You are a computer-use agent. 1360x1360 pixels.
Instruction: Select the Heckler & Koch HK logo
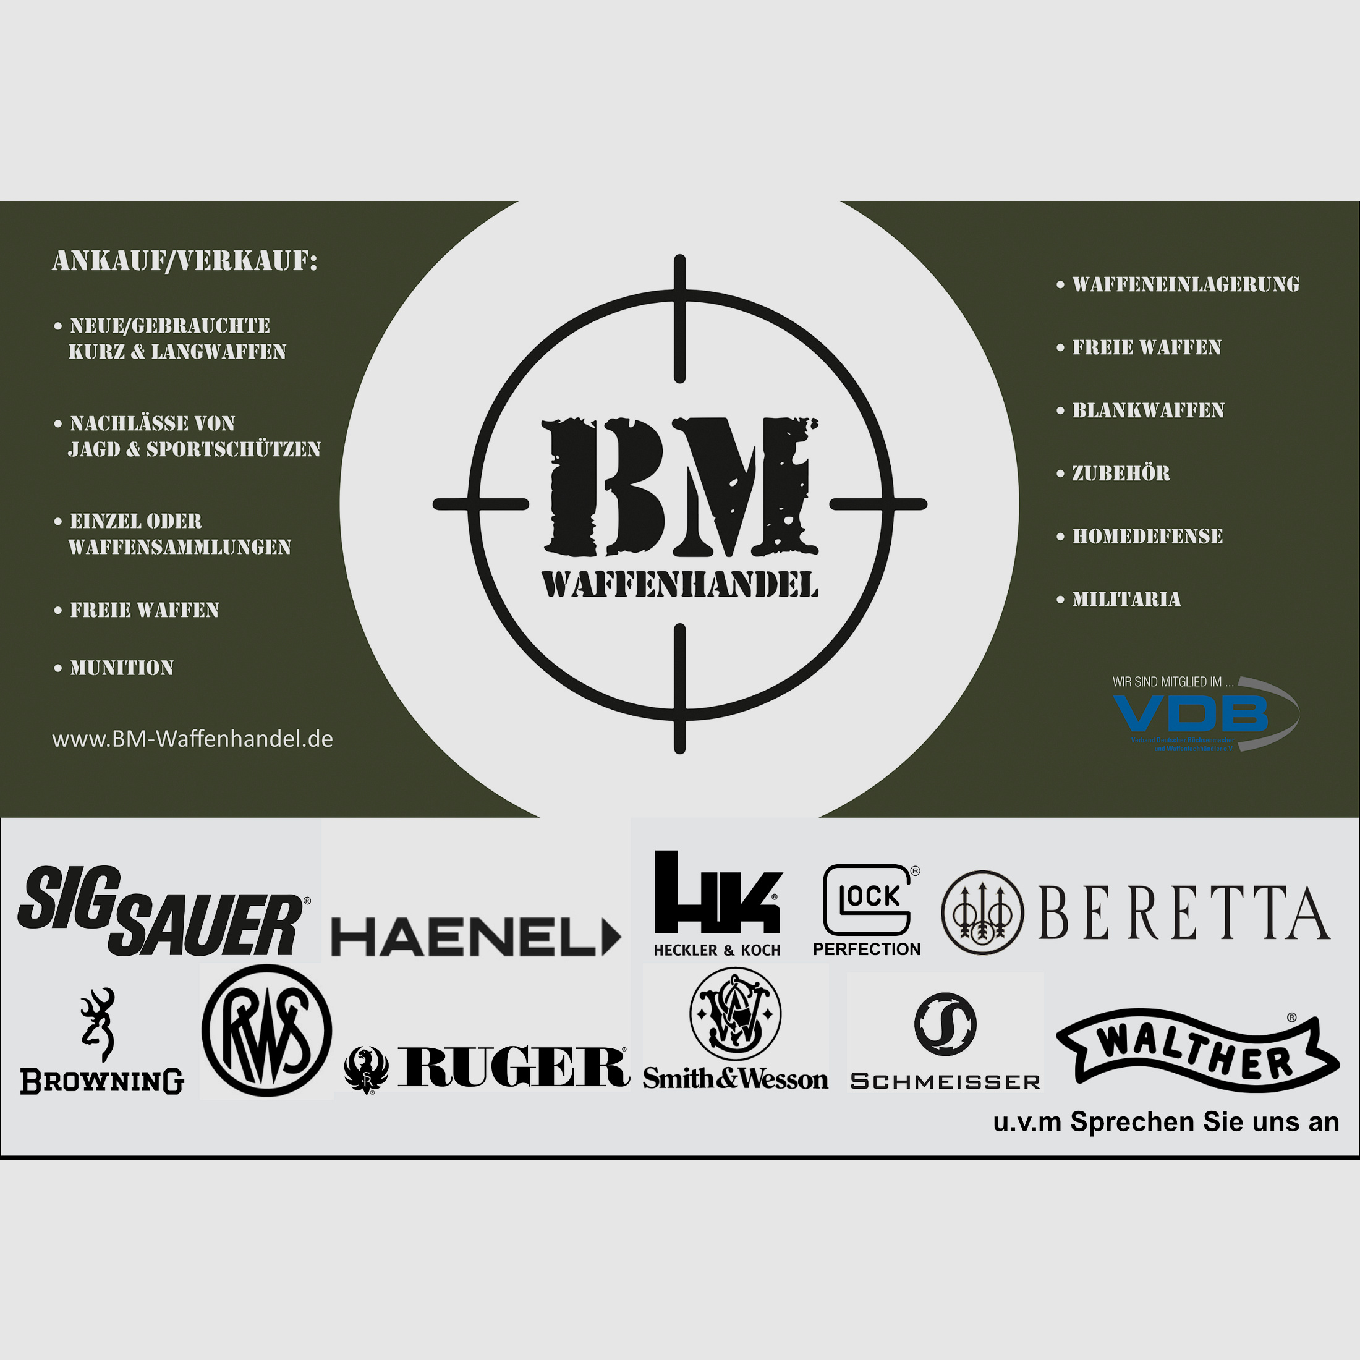point(717,894)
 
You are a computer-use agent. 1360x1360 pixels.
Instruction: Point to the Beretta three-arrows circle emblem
point(982,913)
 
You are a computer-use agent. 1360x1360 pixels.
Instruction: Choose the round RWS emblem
point(267,1031)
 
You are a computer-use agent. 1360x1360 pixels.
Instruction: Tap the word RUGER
point(513,1066)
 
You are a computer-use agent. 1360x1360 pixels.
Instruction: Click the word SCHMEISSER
point(945,1082)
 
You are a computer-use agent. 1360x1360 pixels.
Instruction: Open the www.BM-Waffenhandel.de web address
point(192,739)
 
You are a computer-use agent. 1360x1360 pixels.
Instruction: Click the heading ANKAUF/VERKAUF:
point(184,261)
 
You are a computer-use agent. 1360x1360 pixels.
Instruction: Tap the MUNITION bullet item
point(121,668)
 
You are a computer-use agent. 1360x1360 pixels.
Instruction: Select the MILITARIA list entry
point(1126,599)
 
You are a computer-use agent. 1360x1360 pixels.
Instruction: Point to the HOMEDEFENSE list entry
point(1147,537)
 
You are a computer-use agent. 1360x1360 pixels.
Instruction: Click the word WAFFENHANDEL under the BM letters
point(680,585)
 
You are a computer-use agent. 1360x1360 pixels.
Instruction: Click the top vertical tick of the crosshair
point(680,318)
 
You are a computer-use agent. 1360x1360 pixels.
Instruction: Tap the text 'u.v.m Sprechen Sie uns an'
point(1166,1122)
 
